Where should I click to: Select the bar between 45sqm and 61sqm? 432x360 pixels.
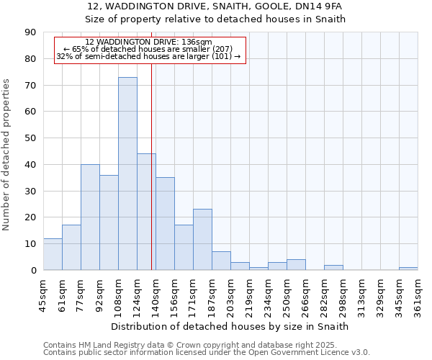pyautogui.click(x=53, y=254)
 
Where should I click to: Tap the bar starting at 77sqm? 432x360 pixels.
pyautogui.click(x=90, y=217)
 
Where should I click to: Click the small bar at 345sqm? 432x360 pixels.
pyautogui.click(x=408, y=269)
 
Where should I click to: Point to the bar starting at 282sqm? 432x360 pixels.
pyautogui.click(x=333, y=267)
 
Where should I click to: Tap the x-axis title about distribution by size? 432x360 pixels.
pyautogui.click(x=230, y=326)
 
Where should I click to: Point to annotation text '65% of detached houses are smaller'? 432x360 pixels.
pyautogui.click(x=148, y=49)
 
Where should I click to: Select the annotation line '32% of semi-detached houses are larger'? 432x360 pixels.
pyautogui.click(x=148, y=56)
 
